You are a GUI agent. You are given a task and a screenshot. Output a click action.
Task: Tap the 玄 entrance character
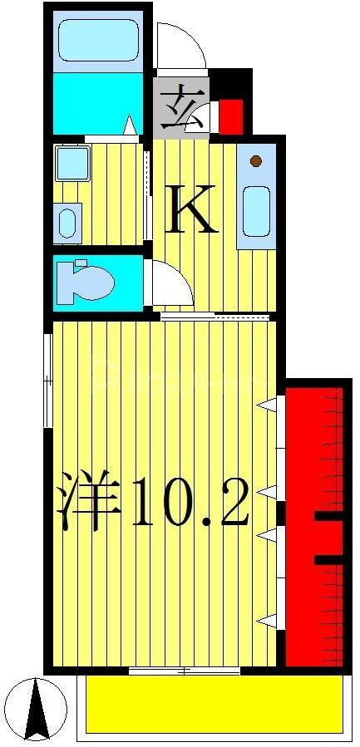point(182,109)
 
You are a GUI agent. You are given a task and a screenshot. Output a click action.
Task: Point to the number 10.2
point(189,503)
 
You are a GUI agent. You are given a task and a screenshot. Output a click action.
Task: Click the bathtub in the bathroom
point(98,41)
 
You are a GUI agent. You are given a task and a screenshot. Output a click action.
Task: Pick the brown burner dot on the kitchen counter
point(256,161)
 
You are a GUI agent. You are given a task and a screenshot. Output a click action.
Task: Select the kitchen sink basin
point(256,212)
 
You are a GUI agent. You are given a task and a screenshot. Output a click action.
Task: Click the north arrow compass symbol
point(35,709)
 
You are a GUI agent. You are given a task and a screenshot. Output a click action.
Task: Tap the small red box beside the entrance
point(229,116)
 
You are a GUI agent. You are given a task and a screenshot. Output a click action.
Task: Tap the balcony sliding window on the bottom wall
point(185,670)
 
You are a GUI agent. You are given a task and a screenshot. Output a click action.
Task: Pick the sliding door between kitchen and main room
point(215,316)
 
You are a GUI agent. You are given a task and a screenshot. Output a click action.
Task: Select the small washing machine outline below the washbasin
point(69,222)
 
